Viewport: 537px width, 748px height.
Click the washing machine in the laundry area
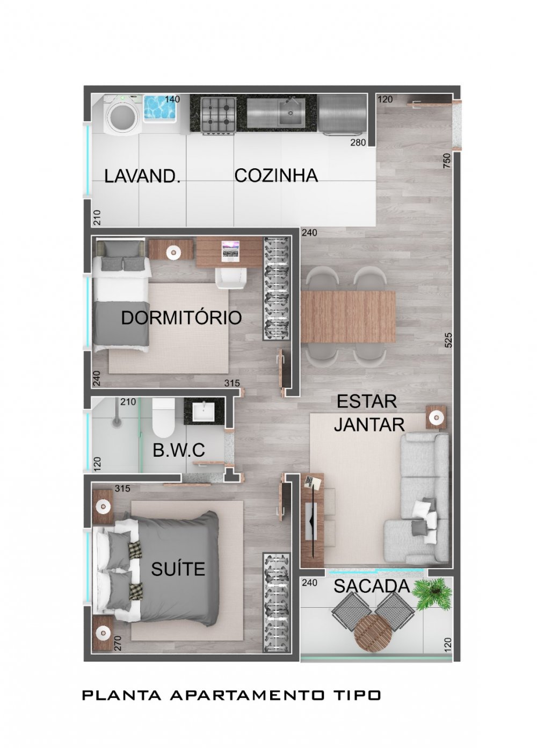pos(122,114)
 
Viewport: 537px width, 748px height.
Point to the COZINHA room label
pos(275,175)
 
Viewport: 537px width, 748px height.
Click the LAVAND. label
pos(142,176)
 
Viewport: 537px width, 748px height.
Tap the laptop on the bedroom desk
pos(230,251)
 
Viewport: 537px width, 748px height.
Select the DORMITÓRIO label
pos(181,318)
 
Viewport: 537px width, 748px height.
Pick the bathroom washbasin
pos(204,412)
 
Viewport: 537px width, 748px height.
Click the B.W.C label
pos(179,450)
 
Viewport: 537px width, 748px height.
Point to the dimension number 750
pos(447,161)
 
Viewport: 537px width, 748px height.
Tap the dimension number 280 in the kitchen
pos(358,142)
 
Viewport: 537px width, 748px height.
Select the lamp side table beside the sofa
pos(436,416)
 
